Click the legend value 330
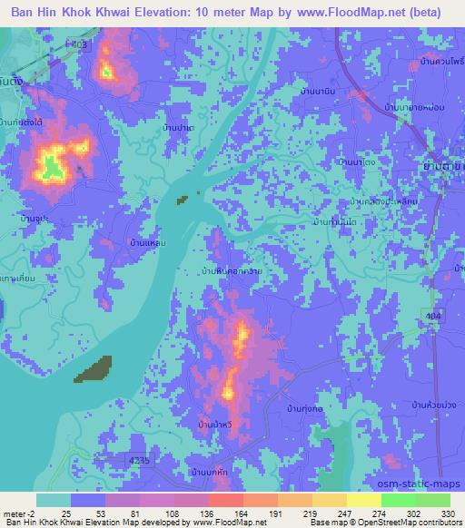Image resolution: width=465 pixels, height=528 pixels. (x=449, y=513)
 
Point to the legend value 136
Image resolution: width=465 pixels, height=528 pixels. (x=192, y=513)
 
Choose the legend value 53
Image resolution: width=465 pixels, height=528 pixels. (x=89, y=513)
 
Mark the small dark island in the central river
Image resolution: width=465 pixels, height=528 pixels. (x=184, y=199)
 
